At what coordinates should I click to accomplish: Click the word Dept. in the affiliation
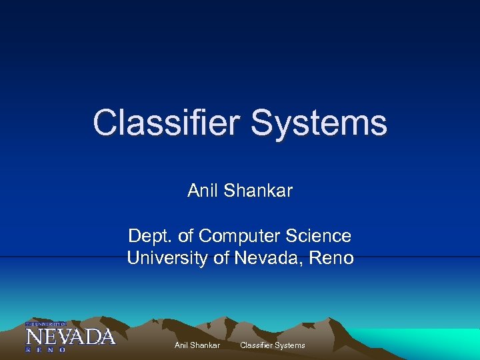pos(149,237)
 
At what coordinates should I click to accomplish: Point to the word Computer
pos(241,237)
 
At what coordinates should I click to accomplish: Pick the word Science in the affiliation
pos(320,236)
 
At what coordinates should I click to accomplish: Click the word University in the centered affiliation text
pos(167,258)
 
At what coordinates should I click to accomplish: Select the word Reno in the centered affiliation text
pos(331,258)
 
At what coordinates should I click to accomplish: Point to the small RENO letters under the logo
pos(46,349)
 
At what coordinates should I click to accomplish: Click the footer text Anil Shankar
pos(197,345)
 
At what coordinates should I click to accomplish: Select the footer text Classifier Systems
pos(272,345)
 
